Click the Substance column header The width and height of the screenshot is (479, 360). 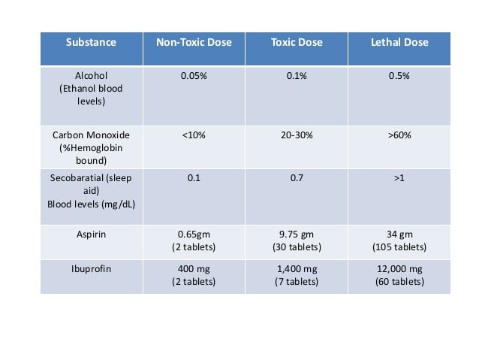click(91, 42)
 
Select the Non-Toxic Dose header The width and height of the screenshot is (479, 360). click(194, 42)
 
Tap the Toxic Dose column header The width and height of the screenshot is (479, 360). click(297, 42)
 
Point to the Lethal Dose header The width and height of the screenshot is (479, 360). click(399, 42)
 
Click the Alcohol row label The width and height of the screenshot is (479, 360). click(91, 89)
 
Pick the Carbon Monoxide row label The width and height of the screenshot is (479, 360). click(91, 148)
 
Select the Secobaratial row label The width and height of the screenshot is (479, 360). click(91, 191)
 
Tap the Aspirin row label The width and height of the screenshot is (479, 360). click(91, 234)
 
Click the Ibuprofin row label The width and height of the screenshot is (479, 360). click(91, 269)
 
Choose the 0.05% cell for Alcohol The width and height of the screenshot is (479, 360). click(194, 76)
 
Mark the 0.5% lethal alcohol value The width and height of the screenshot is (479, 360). click(399, 76)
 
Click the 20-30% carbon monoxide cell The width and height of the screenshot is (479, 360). click(297, 135)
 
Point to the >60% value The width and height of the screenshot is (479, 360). click(399, 135)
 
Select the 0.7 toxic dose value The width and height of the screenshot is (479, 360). click(297, 177)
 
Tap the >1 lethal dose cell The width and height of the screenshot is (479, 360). click(399, 177)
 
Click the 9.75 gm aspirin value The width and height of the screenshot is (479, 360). click(297, 234)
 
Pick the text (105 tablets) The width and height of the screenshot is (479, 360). click(399, 247)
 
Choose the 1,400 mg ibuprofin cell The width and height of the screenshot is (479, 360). click(297, 269)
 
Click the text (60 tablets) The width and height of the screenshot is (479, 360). click(399, 281)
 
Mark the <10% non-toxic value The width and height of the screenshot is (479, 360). click(194, 135)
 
